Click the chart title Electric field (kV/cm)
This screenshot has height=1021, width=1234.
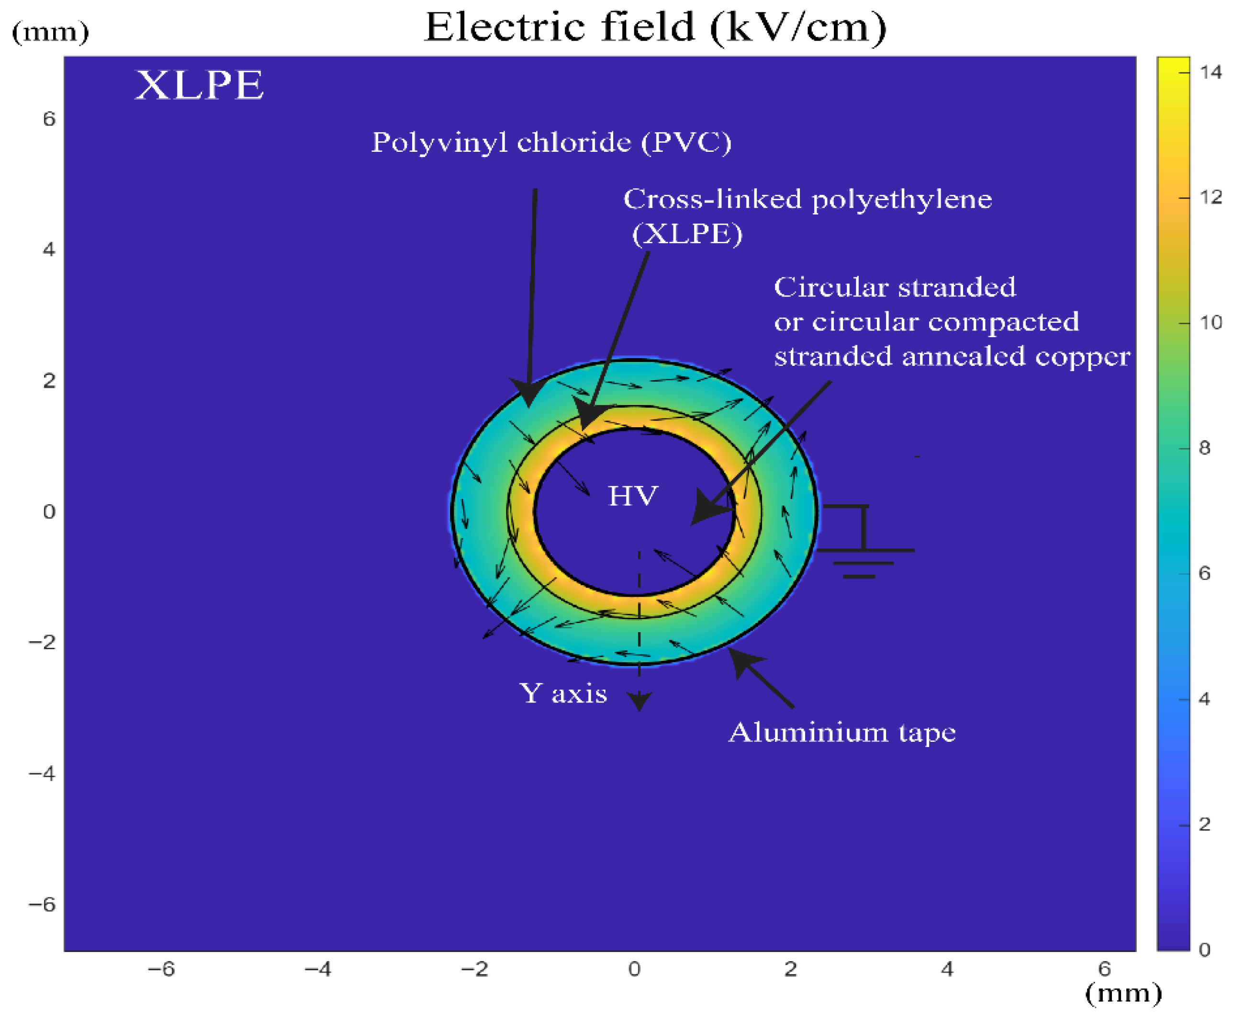[655, 28]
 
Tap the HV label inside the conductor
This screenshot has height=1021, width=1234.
[633, 496]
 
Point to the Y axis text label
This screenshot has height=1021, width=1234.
[562, 693]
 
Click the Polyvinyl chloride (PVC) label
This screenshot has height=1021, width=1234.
[551, 143]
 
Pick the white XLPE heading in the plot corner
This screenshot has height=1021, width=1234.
[199, 85]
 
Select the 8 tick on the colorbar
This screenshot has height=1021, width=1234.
[1205, 448]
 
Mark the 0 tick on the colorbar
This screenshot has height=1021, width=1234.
[1205, 950]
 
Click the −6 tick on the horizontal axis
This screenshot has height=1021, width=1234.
[161, 969]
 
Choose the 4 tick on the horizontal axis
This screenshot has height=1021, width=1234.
[947, 969]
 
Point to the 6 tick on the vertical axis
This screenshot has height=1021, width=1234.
[49, 119]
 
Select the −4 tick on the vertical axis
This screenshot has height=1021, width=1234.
[42, 773]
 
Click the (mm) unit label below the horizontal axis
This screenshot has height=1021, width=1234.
[1123, 993]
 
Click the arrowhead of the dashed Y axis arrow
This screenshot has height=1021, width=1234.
[639, 701]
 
